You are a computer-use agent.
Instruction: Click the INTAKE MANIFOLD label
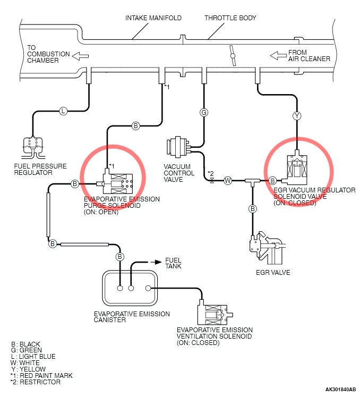pyautogui.click(x=153, y=18)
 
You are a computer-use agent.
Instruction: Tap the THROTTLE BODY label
pyautogui.click(x=230, y=18)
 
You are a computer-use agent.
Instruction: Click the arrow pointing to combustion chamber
pyautogui.click(x=81, y=55)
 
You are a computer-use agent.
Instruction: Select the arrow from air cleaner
pyautogui.click(x=277, y=55)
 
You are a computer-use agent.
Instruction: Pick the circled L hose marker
pyautogui.click(x=63, y=111)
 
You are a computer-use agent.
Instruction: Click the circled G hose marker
pyautogui.click(x=203, y=112)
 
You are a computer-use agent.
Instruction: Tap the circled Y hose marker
pyautogui.click(x=297, y=115)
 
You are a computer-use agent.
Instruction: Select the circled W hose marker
pyautogui.click(x=228, y=181)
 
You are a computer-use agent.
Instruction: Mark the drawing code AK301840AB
pyautogui.click(x=341, y=389)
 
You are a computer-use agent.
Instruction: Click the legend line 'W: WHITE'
pyautogui.click(x=25, y=363)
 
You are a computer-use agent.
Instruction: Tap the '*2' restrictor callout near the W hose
pyautogui.click(x=210, y=173)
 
